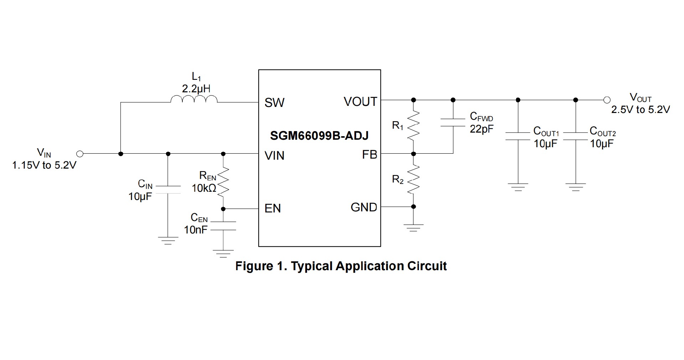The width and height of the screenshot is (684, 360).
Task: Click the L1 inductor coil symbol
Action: point(194,99)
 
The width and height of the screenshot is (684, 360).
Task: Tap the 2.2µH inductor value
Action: point(196,89)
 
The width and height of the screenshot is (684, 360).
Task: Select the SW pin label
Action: point(274,103)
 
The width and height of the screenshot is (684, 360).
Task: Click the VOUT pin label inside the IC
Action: point(360,102)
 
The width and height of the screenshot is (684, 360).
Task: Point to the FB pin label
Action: point(369,155)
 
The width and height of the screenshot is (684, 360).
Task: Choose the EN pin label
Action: point(273,209)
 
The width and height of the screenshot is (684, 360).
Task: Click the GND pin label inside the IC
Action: point(364,207)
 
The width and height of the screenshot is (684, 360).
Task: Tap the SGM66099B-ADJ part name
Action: point(319,136)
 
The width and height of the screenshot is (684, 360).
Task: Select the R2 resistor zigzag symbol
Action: point(413,180)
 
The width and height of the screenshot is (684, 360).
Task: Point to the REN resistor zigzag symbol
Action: point(223,182)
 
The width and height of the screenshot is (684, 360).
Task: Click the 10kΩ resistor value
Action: point(204,188)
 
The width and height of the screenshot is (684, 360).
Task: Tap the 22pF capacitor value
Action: point(482,129)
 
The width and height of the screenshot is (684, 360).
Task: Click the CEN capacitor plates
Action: point(223,226)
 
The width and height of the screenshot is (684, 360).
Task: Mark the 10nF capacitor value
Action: point(196,230)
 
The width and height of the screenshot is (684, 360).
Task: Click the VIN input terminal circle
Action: point(80,154)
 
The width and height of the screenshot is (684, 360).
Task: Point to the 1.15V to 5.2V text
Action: point(44,165)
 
